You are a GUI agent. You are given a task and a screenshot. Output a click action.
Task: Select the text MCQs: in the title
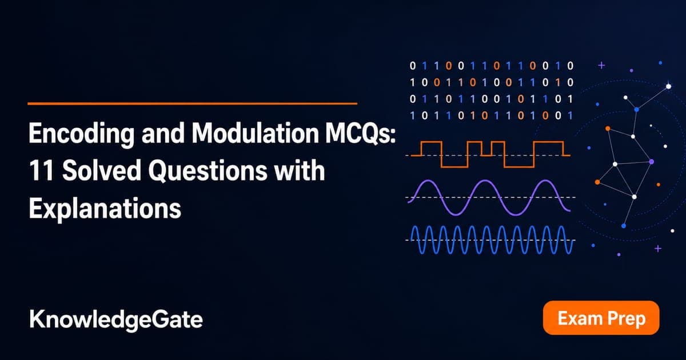pyautogui.click(x=361, y=134)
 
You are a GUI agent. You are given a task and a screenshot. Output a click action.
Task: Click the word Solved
pyautogui.click(x=102, y=170)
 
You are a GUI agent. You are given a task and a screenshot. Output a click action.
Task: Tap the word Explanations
pyautogui.click(x=105, y=209)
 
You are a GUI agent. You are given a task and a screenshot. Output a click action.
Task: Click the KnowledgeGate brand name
pyautogui.click(x=115, y=320)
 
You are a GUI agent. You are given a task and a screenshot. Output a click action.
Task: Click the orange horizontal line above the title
pyautogui.click(x=192, y=103)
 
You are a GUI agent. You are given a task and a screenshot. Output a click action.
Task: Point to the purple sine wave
pyautogui.click(x=489, y=198)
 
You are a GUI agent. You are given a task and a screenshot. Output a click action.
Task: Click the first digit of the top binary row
pyautogui.click(x=413, y=66)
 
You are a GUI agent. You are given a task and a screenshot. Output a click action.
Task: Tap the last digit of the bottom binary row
pyautogui.click(x=570, y=115)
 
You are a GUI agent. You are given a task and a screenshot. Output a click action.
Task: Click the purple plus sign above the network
pyautogui.click(x=602, y=65)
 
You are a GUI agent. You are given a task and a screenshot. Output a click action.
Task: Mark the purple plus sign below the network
pyautogui.click(x=658, y=249)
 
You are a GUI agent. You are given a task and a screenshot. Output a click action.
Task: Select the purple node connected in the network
pyautogui.click(x=651, y=161)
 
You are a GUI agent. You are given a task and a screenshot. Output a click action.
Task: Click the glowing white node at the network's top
pyautogui.click(x=668, y=86)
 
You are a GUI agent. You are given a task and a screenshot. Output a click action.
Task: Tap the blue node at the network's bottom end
pyautogui.click(x=624, y=226)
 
